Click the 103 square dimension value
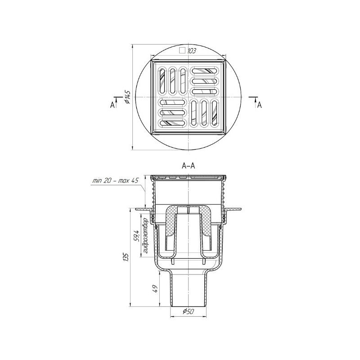pyautogui.click(x=192, y=51)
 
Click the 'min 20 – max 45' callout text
pyautogui.click(x=115, y=181)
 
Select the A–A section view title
pyautogui.click(x=188, y=166)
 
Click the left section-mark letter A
pyautogui.click(x=112, y=105)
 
